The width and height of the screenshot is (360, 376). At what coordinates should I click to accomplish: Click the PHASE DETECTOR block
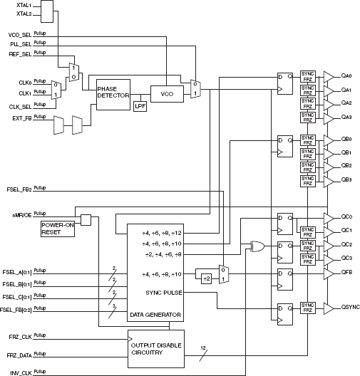[113, 95]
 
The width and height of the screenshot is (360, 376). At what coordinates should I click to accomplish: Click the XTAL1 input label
[24, 5]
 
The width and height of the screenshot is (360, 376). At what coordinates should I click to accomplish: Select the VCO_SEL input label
[19, 34]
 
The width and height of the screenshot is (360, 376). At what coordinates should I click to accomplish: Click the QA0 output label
[347, 75]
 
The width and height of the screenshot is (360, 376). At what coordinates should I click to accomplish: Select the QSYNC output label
[349, 308]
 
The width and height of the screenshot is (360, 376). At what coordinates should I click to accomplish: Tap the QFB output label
[347, 272]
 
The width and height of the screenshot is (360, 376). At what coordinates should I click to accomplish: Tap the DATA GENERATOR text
[154, 313]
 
